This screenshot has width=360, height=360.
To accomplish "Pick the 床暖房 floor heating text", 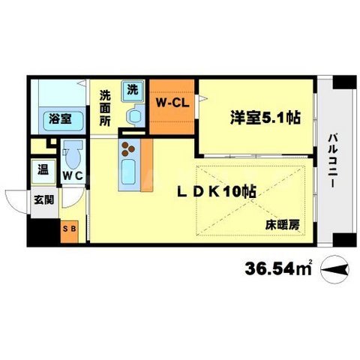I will (x=281, y=224).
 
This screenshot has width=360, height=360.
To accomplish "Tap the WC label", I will (x=72, y=176).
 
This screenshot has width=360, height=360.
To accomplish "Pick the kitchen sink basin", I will (x=127, y=172).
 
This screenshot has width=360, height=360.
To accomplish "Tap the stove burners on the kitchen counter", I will (x=128, y=147).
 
